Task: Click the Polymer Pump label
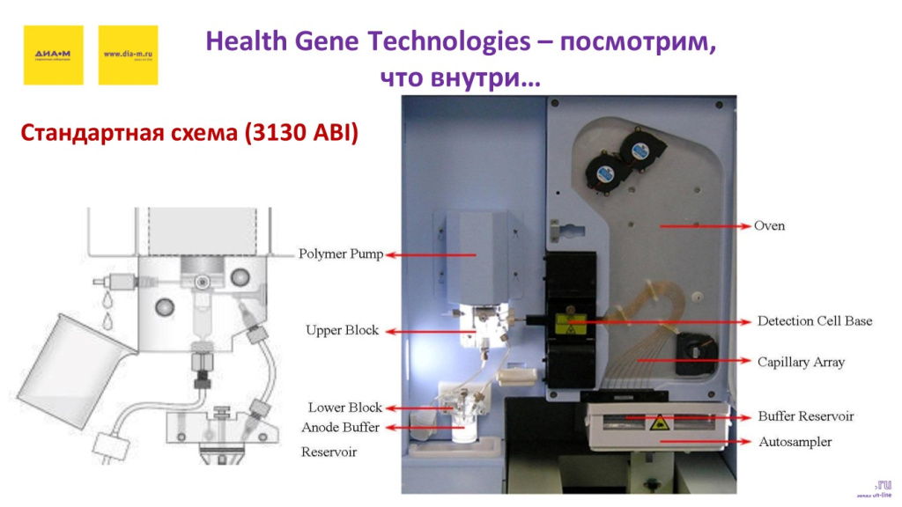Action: [x=341, y=254]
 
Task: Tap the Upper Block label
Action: [x=342, y=330]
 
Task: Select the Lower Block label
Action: [x=344, y=408]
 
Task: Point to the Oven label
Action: [x=769, y=226]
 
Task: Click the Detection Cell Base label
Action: [x=815, y=321]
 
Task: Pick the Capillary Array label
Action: [x=801, y=362]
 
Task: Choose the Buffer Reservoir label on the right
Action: [x=806, y=416]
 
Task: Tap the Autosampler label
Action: [x=795, y=442]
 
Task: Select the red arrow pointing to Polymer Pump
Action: [x=432, y=255]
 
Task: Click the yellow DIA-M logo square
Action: [x=53, y=55]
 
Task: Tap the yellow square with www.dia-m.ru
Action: [x=128, y=55]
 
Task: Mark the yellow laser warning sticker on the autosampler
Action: [x=656, y=425]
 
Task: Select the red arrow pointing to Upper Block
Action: [x=427, y=332]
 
